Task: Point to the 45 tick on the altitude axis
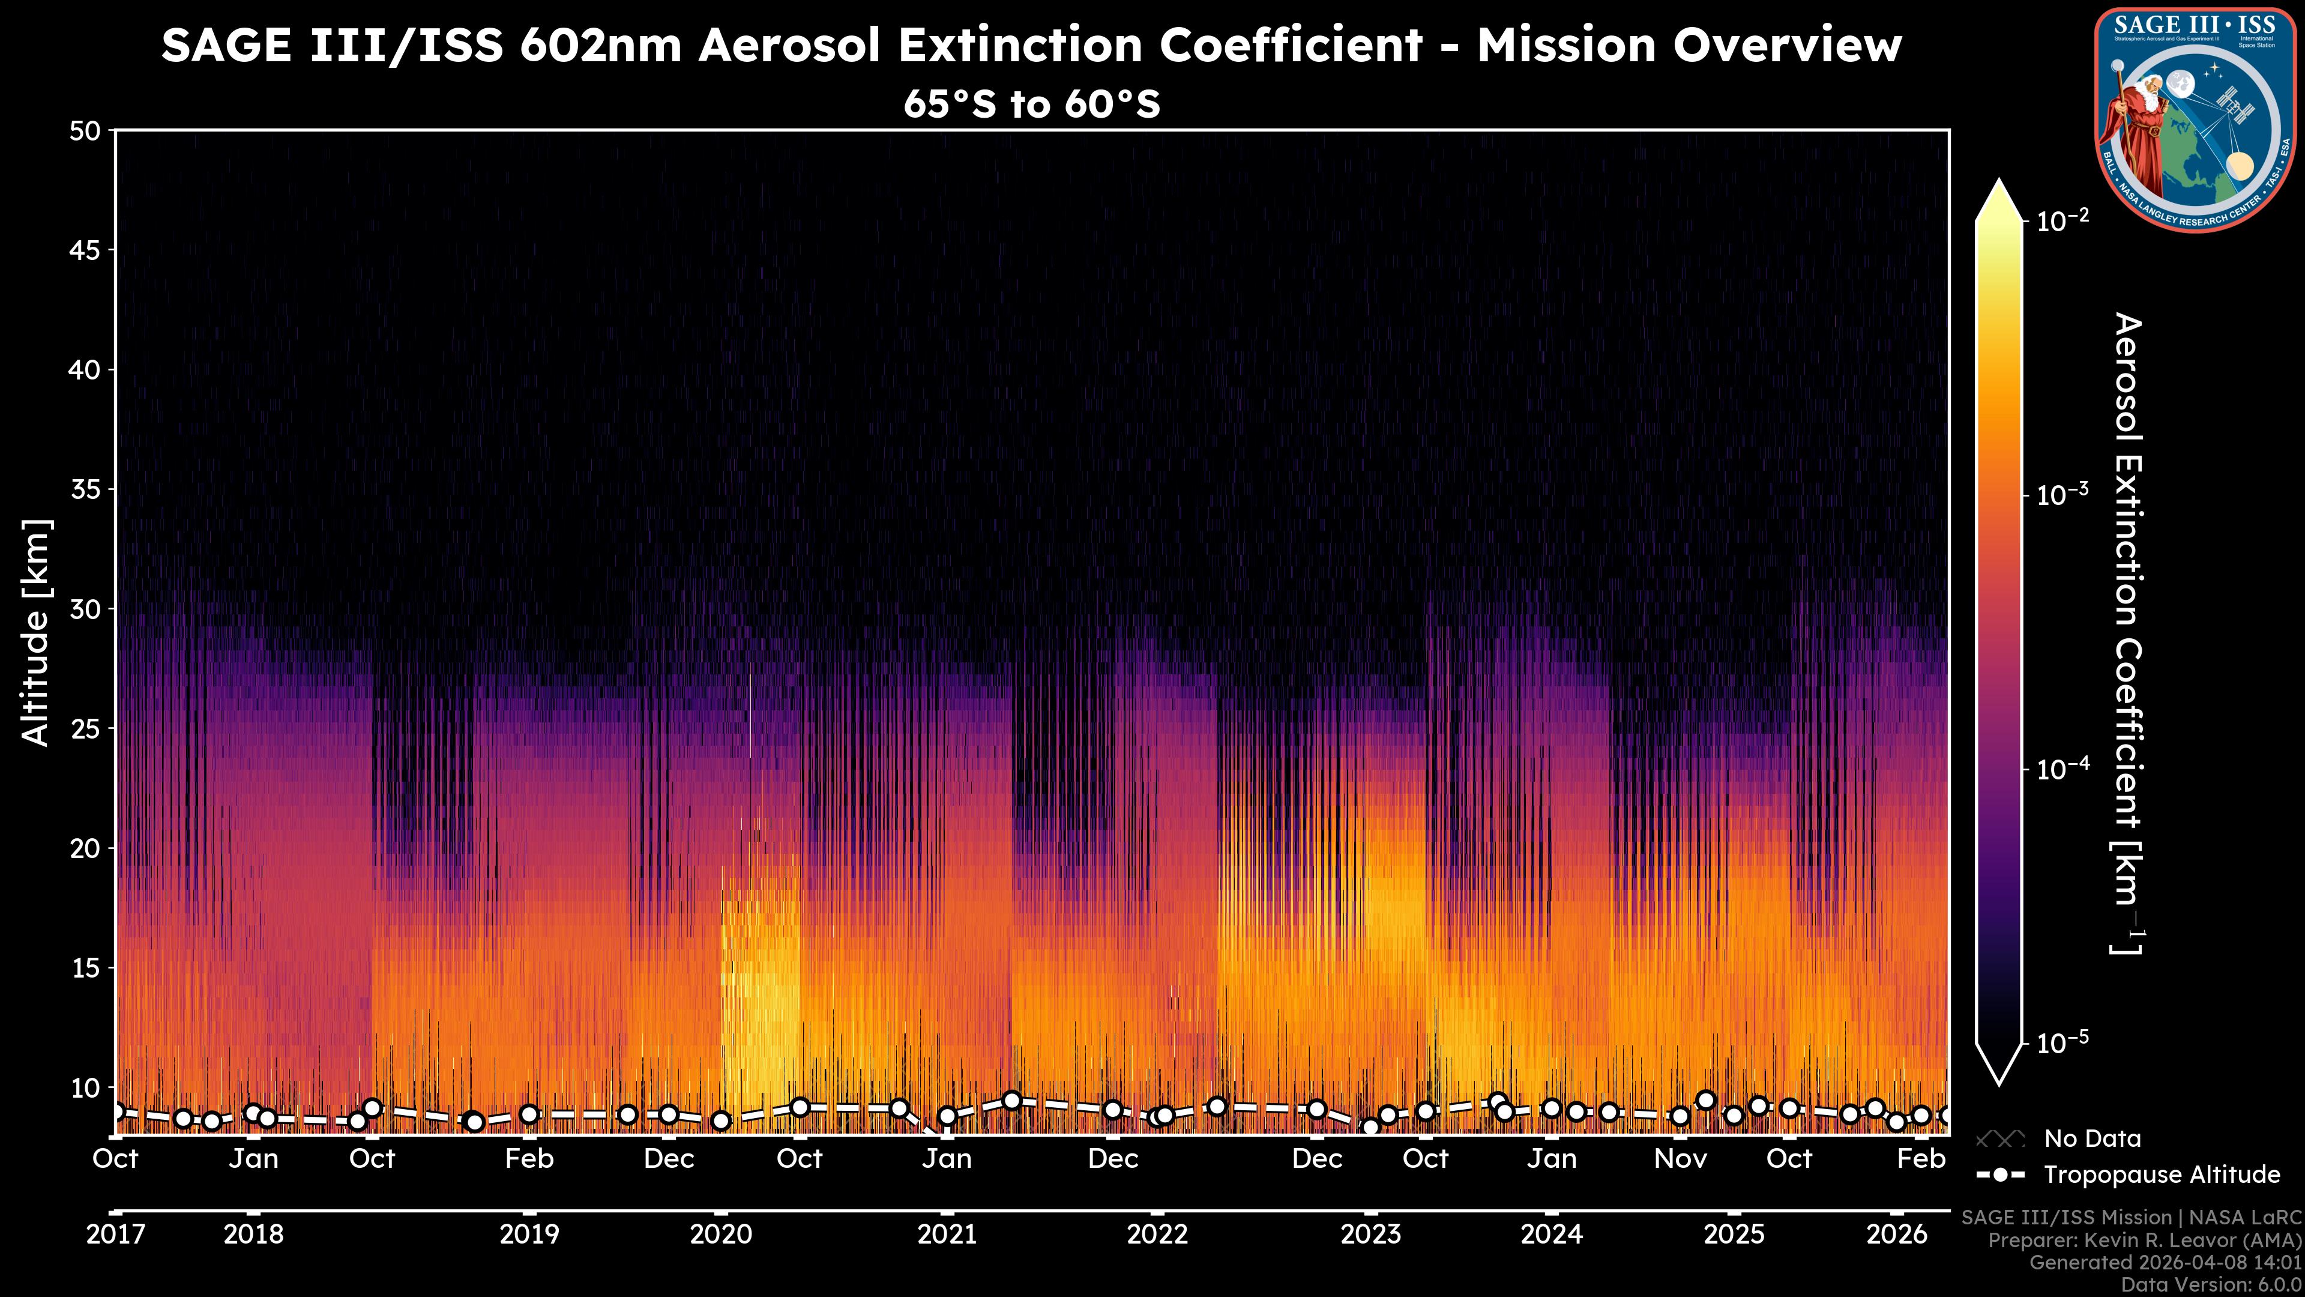click(86, 250)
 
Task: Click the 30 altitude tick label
click(86, 609)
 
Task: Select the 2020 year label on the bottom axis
click(720, 1235)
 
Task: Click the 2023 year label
click(1370, 1235)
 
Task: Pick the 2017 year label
click(115, 1235)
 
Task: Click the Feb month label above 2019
click(529, 1158)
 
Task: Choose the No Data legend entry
click(2092, 1138)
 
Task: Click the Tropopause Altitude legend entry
click(2161, 1175)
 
